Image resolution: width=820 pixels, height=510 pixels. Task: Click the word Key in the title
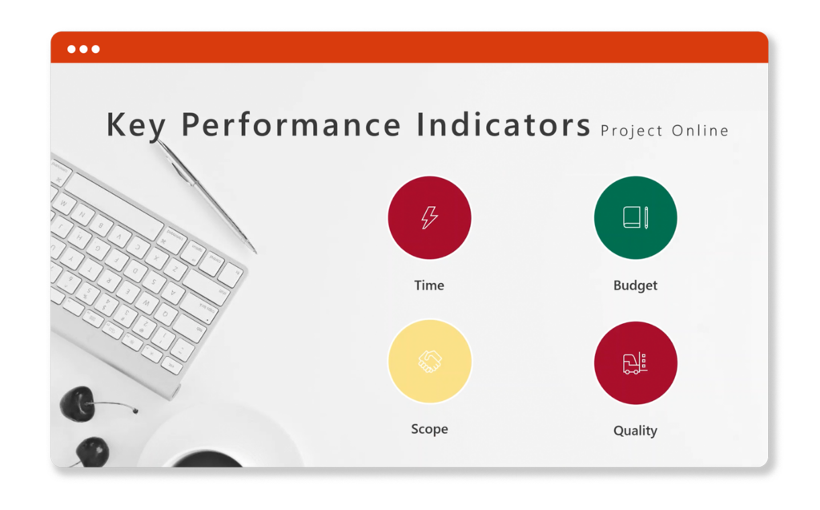136,124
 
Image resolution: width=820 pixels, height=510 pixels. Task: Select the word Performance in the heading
291,124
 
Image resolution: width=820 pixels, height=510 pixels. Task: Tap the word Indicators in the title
504,124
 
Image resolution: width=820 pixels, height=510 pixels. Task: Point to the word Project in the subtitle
632,131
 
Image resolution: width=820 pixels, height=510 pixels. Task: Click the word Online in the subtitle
700,131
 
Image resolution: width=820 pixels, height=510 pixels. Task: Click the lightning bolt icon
429,217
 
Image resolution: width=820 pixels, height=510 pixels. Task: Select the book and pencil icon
635,217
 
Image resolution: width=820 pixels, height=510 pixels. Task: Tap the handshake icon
429,362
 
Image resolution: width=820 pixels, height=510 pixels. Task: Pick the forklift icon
635,363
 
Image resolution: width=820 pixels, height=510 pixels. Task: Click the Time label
429,285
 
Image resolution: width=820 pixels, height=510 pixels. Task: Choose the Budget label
635,285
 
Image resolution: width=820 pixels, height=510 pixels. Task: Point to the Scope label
429,429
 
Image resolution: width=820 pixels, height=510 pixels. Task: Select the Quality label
635,431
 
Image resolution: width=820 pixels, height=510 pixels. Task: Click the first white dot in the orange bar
71,49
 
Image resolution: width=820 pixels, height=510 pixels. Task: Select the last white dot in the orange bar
96,49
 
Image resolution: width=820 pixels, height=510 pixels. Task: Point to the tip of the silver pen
255,253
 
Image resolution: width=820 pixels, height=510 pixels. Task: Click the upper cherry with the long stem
78,403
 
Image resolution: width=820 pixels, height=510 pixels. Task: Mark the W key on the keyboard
65,203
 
